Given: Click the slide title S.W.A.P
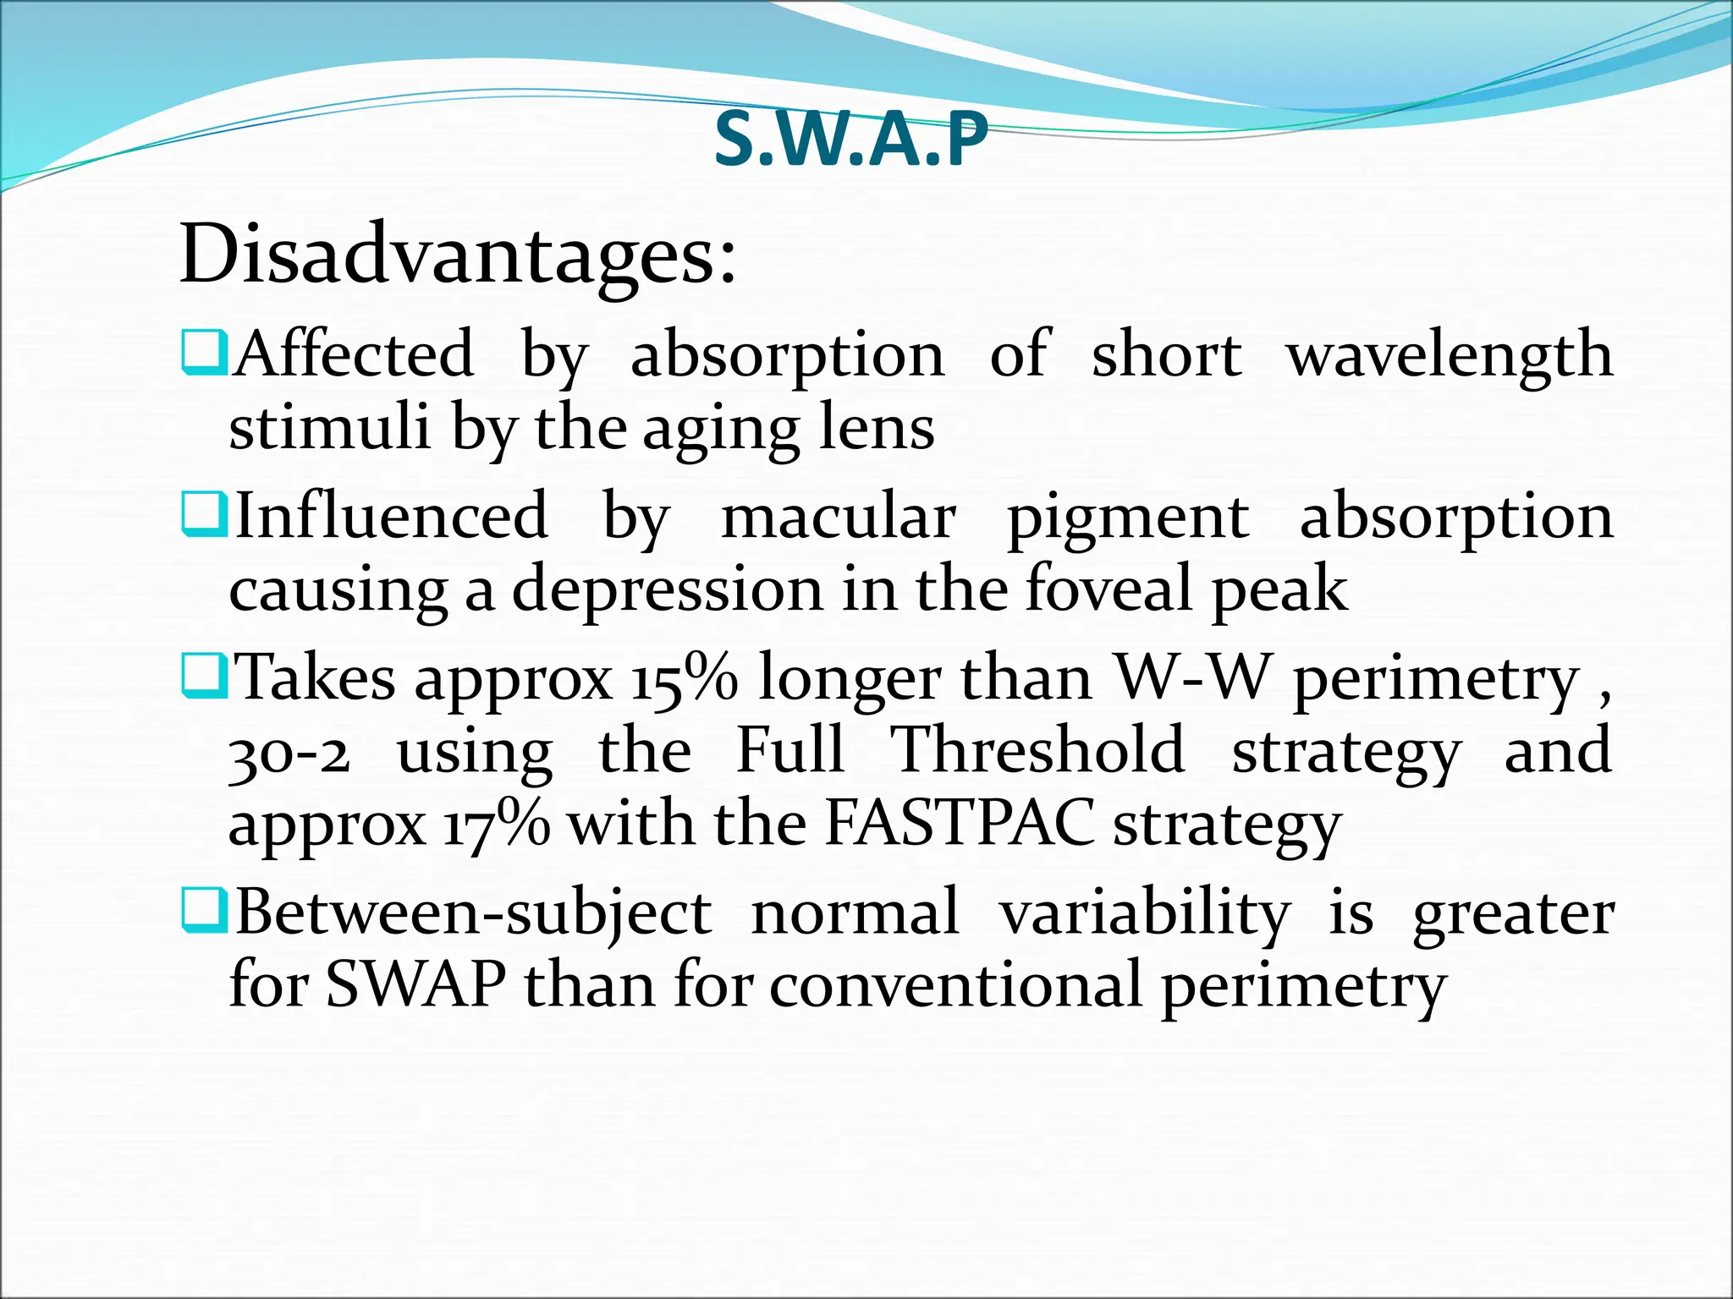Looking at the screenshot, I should coord(851,140).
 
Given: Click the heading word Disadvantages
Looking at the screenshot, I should coord(458,255).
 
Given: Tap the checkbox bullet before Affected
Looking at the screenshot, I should coord(204,354).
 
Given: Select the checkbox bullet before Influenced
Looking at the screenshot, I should coord(204,516).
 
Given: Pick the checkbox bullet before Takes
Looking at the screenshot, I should coord(204,677).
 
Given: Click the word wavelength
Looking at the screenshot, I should coord(1450,354).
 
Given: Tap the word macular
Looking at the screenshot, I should coord(839,516).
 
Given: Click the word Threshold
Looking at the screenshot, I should coord(1038,750).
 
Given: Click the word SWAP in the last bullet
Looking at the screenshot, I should coord(415,984).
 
